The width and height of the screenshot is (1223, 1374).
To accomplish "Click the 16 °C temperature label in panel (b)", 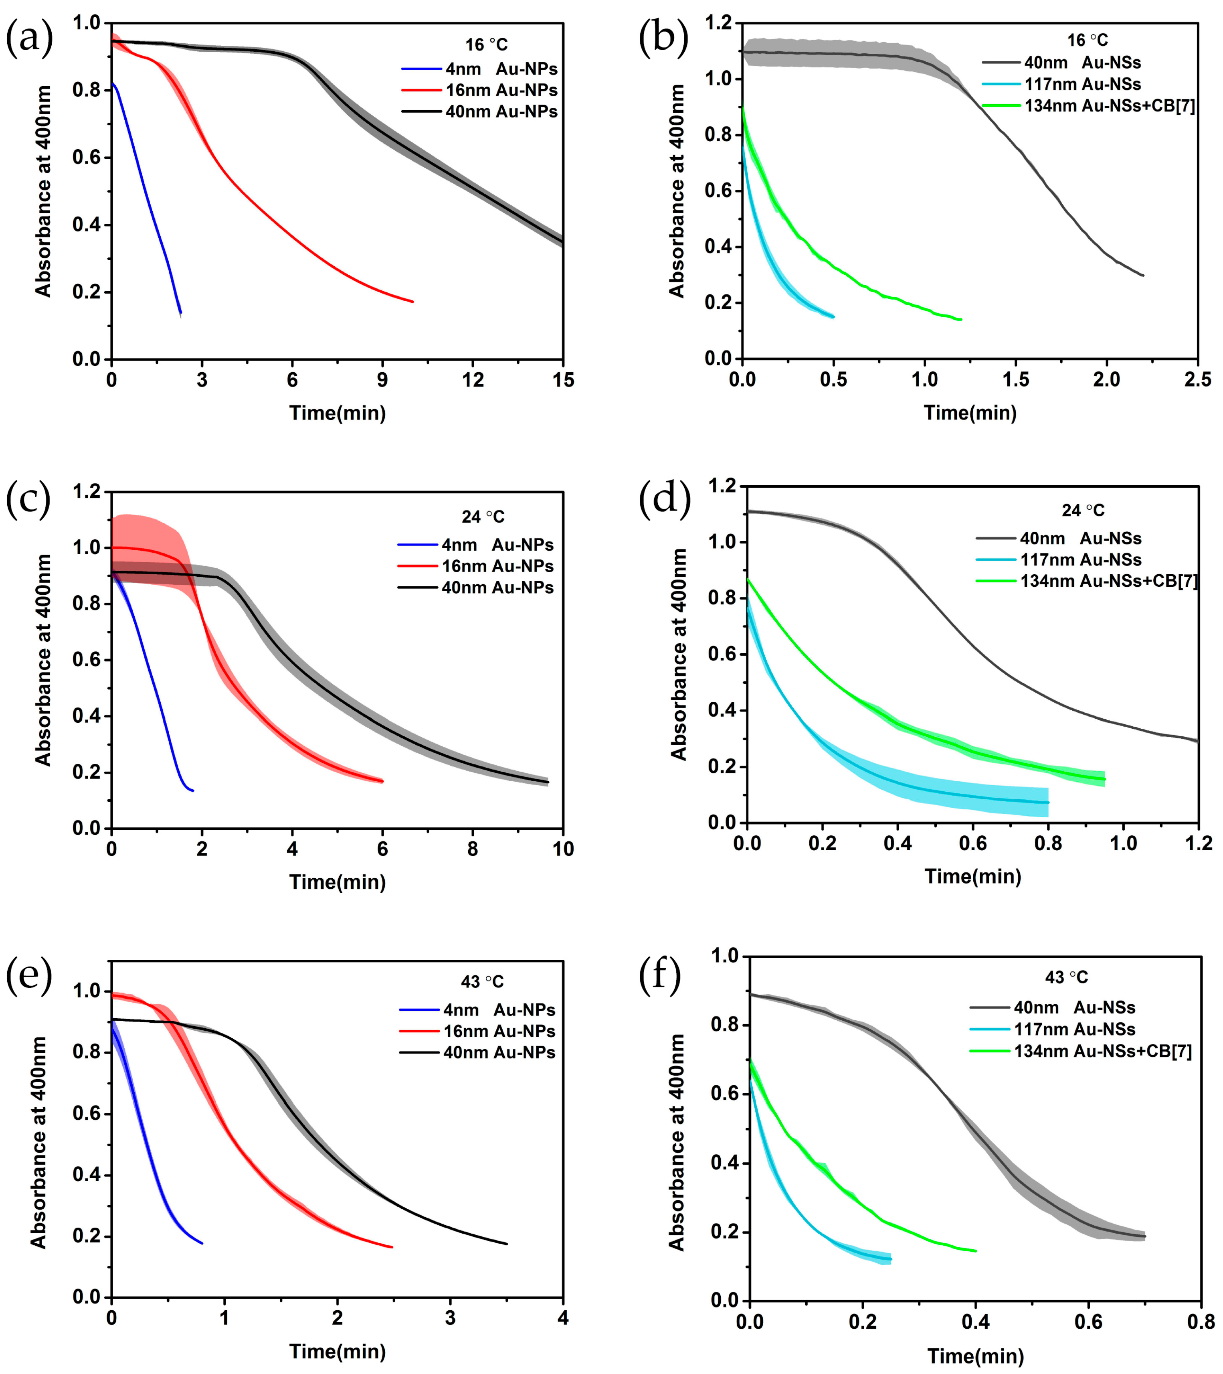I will point(1087,41).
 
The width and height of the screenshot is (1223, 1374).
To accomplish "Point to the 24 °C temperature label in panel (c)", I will point(483,516).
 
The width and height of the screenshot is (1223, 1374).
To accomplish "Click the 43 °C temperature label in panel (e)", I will point(482,982).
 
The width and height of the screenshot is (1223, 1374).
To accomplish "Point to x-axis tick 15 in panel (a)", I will point(563,381).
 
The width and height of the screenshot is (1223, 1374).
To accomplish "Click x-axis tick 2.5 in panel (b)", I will point(1197,380).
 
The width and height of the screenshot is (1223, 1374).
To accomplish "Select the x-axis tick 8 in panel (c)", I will point(472,849).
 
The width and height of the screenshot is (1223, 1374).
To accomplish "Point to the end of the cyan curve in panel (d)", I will point(1047,803).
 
